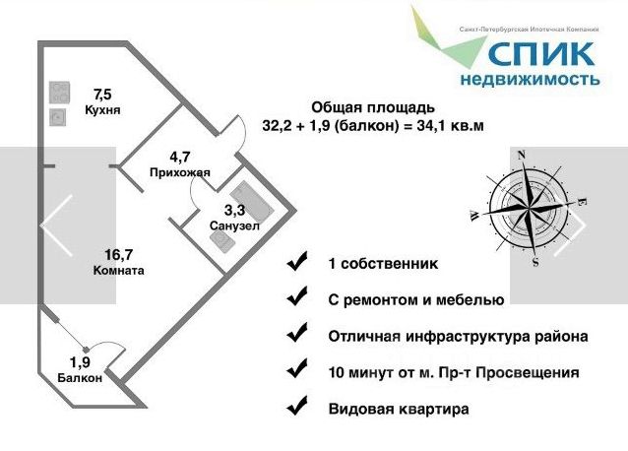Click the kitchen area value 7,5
(x=102, y=95)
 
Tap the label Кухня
(x=102, y=109)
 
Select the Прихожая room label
(x=180, y=172)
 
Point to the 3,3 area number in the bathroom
(x=234, y=210)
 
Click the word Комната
(x=118, y=271)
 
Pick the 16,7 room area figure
(x=118, y=254)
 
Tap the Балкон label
(x=80, y=378)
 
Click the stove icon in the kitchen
(x=59, y=93)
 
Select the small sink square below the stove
(x=58, y=117)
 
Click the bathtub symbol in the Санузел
(x=252, y=200)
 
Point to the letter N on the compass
(x=522, y=155)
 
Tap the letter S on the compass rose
(x=535, y=262)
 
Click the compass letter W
(x=474, y=216)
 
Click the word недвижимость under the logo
(x=530, y=79)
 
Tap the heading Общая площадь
(x=373, y=107)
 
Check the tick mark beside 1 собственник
(x=297, y=261)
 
